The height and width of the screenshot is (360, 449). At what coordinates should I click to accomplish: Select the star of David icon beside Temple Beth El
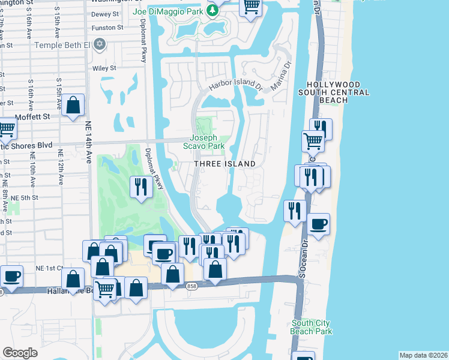(x=100, y=44)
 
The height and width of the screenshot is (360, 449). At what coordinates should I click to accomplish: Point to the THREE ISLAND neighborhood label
(x=225, y=164)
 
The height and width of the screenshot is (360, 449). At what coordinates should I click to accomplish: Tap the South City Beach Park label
(x=311, y=327)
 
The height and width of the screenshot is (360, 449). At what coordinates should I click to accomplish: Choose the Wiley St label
(x=104, y=68)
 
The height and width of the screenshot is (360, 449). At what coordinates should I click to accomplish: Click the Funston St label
(x=107, y=28)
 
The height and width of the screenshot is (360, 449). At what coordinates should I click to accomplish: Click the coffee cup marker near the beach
(x=319, y=224)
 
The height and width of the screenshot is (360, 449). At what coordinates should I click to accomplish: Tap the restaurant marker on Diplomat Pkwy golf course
(x=140, y=187)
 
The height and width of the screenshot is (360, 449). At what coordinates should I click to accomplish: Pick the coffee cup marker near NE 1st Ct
(x=11, y=276)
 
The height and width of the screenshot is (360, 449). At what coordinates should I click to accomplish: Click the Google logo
(x=20, y=352)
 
